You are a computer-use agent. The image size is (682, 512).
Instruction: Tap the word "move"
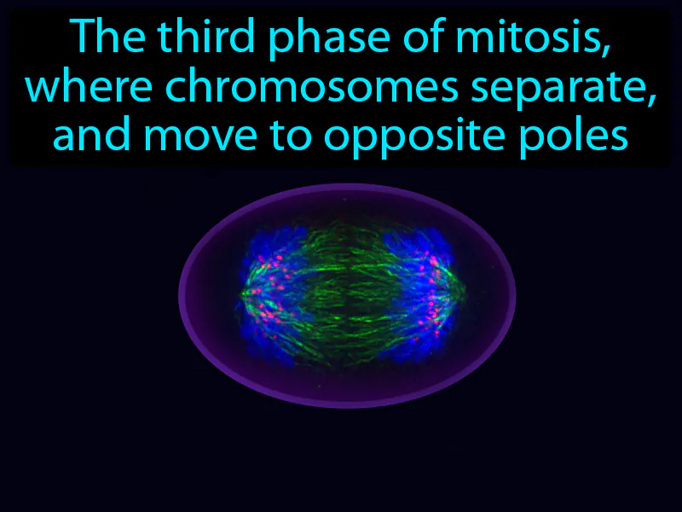tap(195, 136)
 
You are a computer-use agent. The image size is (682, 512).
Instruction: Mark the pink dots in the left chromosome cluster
tap(268, 282)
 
